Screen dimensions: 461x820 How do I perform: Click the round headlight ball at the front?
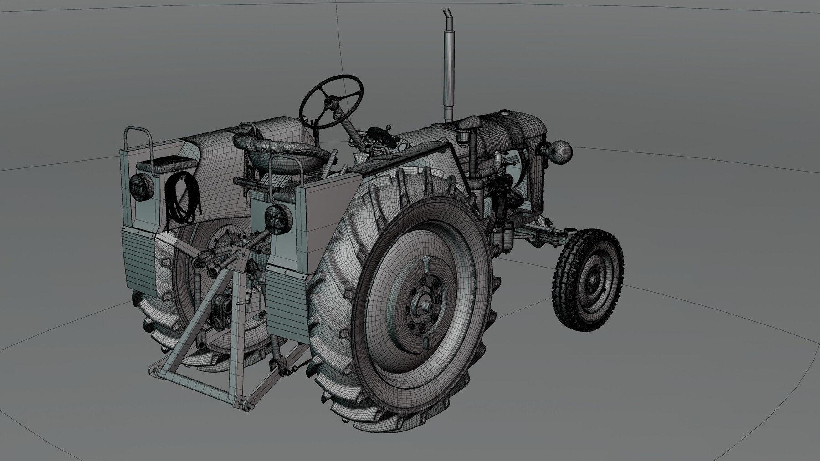[560, 153]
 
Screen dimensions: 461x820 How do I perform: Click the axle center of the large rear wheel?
[426, 306]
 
